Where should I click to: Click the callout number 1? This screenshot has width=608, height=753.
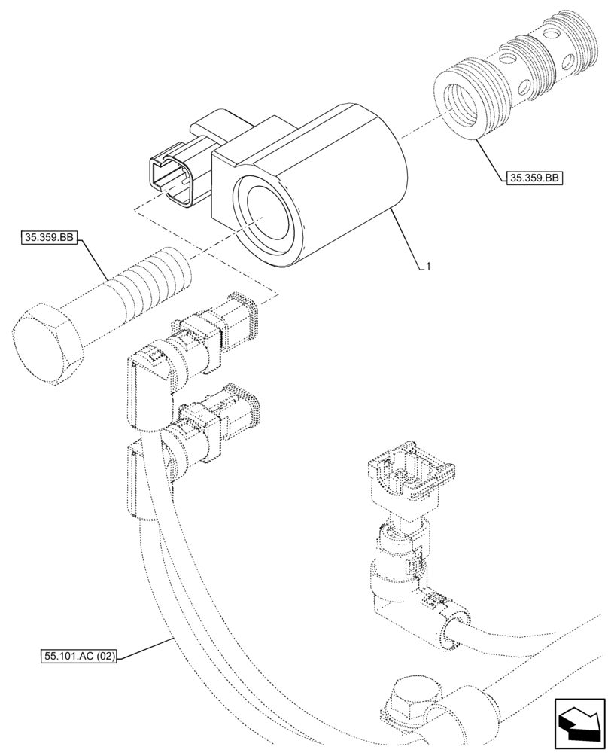point(427,266)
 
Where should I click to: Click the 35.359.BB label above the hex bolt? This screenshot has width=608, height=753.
point(49,239)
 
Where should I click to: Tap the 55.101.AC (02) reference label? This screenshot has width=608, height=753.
point(79,656)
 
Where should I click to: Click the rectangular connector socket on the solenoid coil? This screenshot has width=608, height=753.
point(175,176)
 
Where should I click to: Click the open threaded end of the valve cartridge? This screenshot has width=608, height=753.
point(467,105)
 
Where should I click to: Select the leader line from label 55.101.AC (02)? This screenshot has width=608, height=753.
point(147,646)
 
